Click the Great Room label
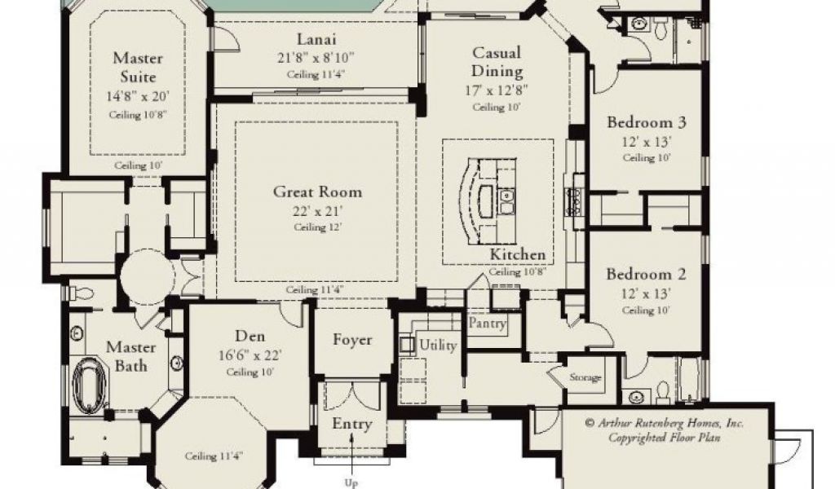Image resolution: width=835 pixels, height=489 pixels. click(317, 192)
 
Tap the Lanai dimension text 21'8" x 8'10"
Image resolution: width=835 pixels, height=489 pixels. click(316, 57)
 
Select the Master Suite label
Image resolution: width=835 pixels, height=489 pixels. click(138, 67)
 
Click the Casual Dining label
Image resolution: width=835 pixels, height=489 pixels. click(497, 62)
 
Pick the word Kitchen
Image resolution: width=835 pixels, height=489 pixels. click(518, 254)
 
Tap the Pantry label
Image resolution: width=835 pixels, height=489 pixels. click(488, 323)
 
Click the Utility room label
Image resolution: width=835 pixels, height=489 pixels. click(438, 346)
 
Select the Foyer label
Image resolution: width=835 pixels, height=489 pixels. click(352, 340)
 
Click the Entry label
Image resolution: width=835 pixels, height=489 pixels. click(352, 424)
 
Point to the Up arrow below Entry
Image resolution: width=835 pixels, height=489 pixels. click(352, 453)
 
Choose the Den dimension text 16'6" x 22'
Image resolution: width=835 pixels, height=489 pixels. click(250, 355)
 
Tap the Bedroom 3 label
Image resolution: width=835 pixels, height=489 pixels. click(647, 122)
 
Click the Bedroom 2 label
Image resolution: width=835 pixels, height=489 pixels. click(646, 275)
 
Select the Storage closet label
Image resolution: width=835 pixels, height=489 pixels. click(585, 377)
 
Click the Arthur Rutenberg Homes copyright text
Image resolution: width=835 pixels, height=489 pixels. click(664, 430)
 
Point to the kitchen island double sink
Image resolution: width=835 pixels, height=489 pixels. click(506, 201)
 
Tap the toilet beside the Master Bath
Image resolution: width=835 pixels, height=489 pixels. click(82, 293)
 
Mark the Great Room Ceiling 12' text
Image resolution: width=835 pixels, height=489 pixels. click(317, 227)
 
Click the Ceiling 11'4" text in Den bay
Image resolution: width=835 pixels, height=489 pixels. click(214, 456)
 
